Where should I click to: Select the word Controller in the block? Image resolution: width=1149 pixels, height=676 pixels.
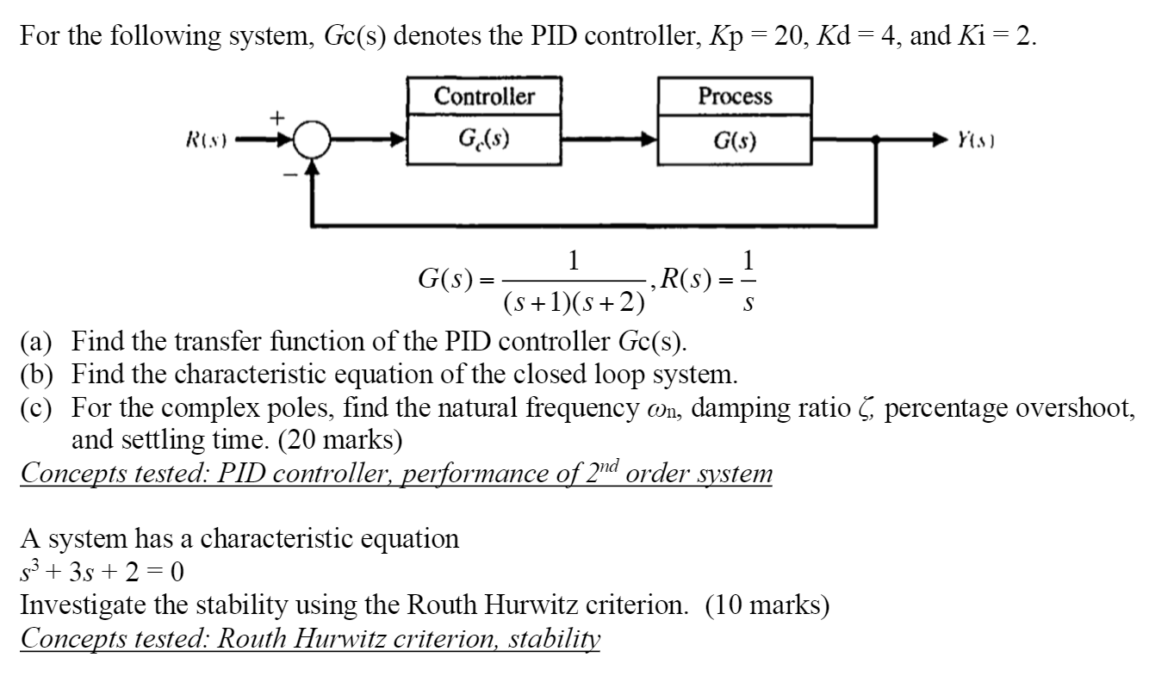pyautogui.click(x=484, y=96)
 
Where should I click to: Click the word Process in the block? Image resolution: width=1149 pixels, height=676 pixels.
pyautogui.click(x=735, y=96)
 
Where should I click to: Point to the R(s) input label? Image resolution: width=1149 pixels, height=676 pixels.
pyautogui.click(x=204, y=140)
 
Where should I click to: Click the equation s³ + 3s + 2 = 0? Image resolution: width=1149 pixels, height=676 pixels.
pyautogui.click(x=102, y=572)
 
